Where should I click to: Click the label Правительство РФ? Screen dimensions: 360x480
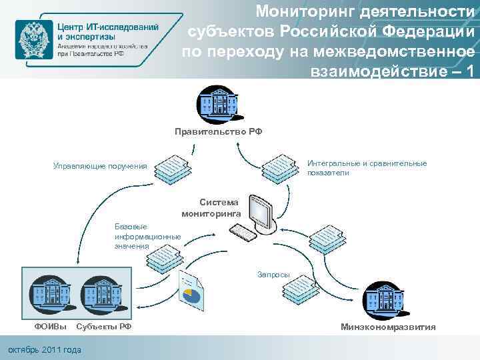[219, 132]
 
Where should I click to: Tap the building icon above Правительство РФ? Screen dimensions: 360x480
[217, 103]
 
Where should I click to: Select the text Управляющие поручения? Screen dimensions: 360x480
[100, 166]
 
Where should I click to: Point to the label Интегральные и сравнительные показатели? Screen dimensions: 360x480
[367, 168]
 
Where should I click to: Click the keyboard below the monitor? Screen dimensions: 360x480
[245, 233]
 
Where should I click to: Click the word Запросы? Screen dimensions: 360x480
[273, 274]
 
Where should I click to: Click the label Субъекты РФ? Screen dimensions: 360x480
[104, 327]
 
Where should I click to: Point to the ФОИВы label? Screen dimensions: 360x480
[51, 327]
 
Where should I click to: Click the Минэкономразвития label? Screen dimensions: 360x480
[388, 327]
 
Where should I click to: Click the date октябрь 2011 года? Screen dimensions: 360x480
[43, 350]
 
